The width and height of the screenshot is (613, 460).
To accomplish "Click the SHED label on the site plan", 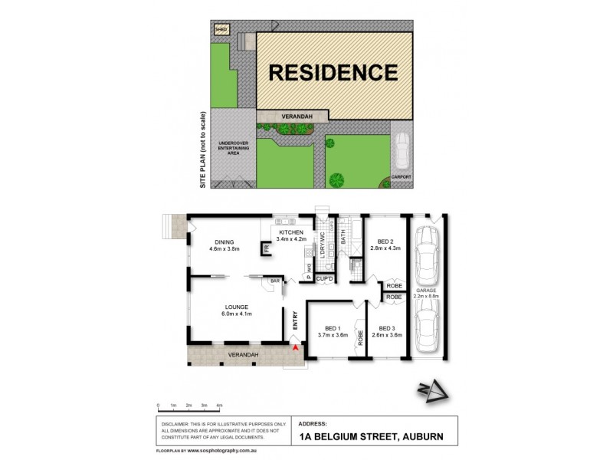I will click(221, 29).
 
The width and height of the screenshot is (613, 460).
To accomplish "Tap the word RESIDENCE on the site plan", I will click(333, 73).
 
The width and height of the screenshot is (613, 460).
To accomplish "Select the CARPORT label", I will click(402, 177).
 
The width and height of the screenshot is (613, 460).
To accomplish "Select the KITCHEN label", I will click(292, 232).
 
